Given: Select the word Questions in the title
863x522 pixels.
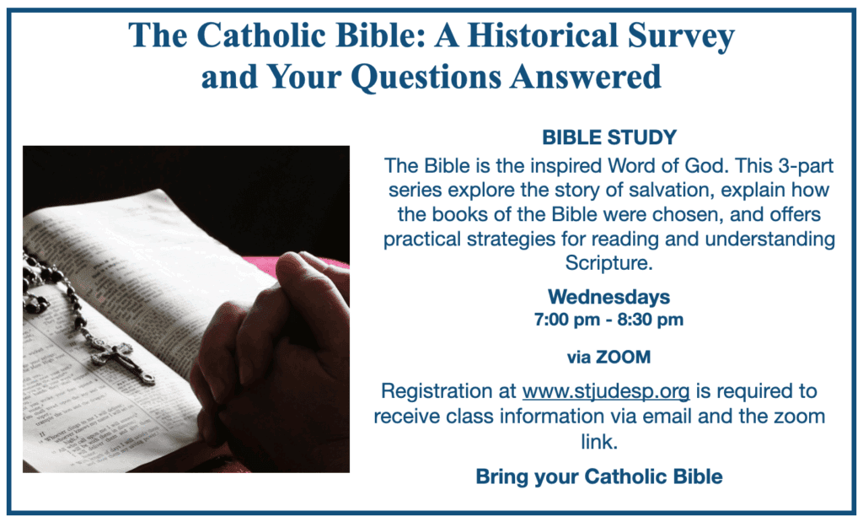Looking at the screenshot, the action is (426, 77).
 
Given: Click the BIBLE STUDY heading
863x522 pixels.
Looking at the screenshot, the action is (609, 137).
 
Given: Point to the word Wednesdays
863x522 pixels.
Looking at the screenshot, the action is (608, 297).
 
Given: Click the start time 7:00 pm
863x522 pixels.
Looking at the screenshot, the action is (567, 320).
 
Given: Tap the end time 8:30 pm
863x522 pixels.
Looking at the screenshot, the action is (650, 320).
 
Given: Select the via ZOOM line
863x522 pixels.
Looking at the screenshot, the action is (608, 358).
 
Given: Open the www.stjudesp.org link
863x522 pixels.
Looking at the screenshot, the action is (605, 391).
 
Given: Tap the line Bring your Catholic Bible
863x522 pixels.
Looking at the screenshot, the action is (599, 476).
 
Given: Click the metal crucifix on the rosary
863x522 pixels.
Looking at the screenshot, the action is (122, 361).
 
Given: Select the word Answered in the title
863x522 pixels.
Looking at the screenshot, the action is (585, 77).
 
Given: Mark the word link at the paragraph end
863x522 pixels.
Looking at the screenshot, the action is (599, 442).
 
